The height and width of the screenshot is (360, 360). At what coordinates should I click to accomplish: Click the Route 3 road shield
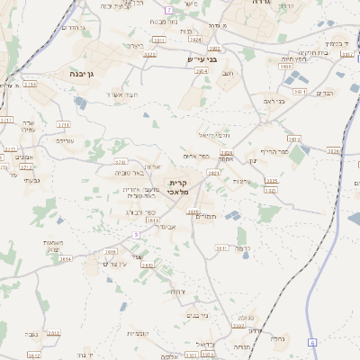point(136,233)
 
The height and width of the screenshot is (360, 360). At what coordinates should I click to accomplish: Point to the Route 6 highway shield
point(312,343)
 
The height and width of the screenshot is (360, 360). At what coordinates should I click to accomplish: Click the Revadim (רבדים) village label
point(325,93)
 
